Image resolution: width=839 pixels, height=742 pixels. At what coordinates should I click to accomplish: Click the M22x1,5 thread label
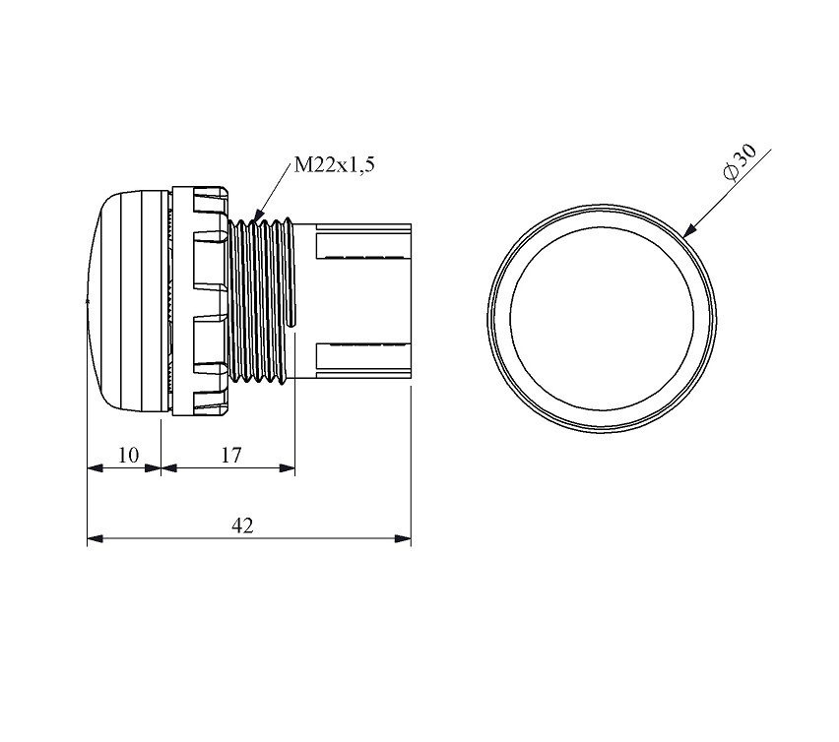(x=335, y=165)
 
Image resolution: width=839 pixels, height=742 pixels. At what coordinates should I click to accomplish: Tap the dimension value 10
(x=128, y=456)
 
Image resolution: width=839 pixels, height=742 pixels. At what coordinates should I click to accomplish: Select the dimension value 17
(x=231, y=456)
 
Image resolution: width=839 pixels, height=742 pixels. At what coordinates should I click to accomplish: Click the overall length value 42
(x=242, y=526)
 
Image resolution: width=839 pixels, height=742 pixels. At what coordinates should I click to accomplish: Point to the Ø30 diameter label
(x=740, y=162)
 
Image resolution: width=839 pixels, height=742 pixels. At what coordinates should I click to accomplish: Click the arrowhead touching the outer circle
(x=690, y=230)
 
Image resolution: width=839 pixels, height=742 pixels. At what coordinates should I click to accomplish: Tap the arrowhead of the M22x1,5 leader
(x=259, y=215)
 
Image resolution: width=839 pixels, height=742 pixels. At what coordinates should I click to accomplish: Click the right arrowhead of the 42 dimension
(x=403, y=538)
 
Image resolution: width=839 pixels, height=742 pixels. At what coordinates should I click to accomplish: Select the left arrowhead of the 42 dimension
(x=96, y=538)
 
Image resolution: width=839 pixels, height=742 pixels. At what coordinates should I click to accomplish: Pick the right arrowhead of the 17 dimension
(x=288, y=468)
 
